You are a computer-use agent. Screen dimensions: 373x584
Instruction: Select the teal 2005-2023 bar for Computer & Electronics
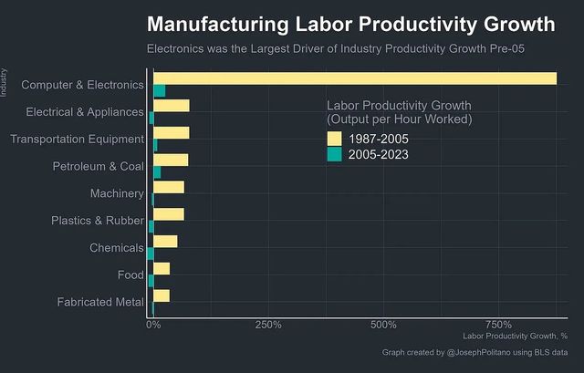tap(159, 90)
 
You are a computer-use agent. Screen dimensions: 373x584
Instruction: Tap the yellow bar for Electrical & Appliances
tap(171, 106)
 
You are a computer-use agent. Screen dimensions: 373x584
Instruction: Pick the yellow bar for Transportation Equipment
tap(171, 133)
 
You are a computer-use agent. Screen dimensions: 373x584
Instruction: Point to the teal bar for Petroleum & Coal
tap(157, 172)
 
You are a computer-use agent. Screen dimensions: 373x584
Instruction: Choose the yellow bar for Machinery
tap(168, 188)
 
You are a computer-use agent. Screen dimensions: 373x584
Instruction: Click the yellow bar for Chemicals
tap(165, 242)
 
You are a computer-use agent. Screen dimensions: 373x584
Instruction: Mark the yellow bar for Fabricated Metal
tap(162, 295)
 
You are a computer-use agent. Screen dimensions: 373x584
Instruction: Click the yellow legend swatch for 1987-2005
tap(335, 139)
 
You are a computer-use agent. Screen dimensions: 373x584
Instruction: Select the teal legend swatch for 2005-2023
tap(335, 154)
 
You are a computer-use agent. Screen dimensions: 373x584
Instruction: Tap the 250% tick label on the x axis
tap(267, 325)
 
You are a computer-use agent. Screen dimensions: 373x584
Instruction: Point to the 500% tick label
tap(383, 325)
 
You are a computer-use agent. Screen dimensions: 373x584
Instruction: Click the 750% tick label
tap(498, 325)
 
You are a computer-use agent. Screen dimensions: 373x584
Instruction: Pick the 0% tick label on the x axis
tap(153, 325)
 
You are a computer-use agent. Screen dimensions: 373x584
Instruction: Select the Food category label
tap(130, 275)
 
